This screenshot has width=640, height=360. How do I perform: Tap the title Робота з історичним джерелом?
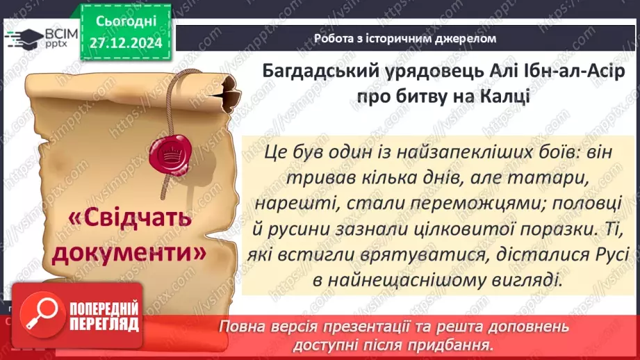tap(404, 39)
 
